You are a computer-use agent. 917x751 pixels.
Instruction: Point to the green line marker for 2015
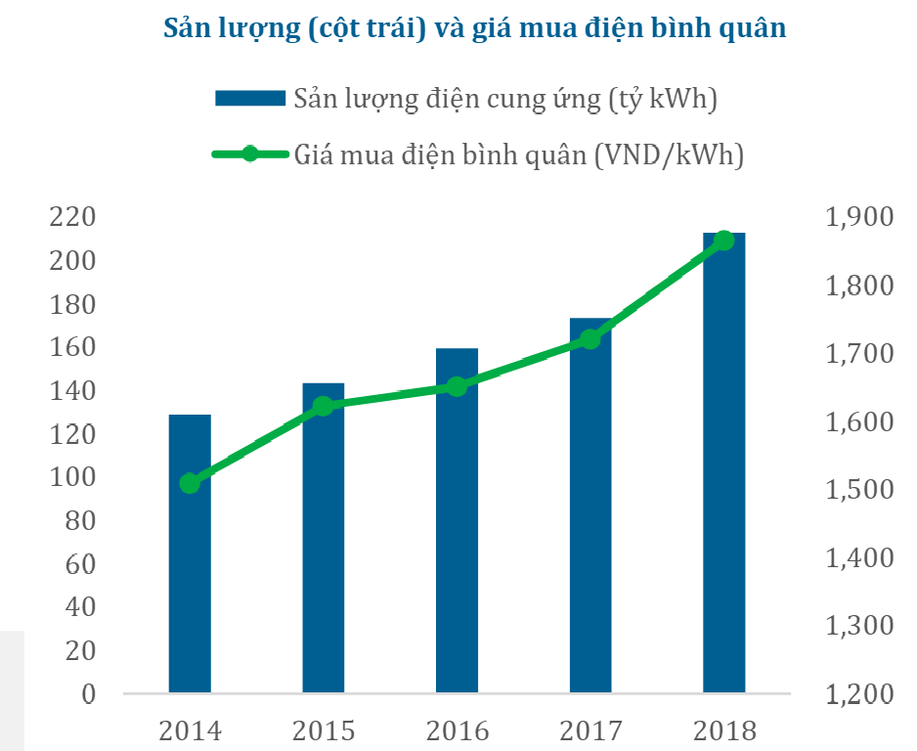323,406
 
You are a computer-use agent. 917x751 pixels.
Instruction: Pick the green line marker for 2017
589,339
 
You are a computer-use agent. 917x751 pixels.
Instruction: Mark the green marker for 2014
190,482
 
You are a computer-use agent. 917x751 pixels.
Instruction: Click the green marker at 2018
723,241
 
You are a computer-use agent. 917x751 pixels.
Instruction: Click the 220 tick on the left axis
73,217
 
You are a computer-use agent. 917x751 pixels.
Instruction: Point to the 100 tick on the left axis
73,477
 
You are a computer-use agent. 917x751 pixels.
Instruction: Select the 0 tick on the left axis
87,694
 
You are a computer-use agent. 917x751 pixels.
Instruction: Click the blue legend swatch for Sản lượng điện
249,98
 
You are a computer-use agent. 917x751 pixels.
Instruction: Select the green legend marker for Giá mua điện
249,154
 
